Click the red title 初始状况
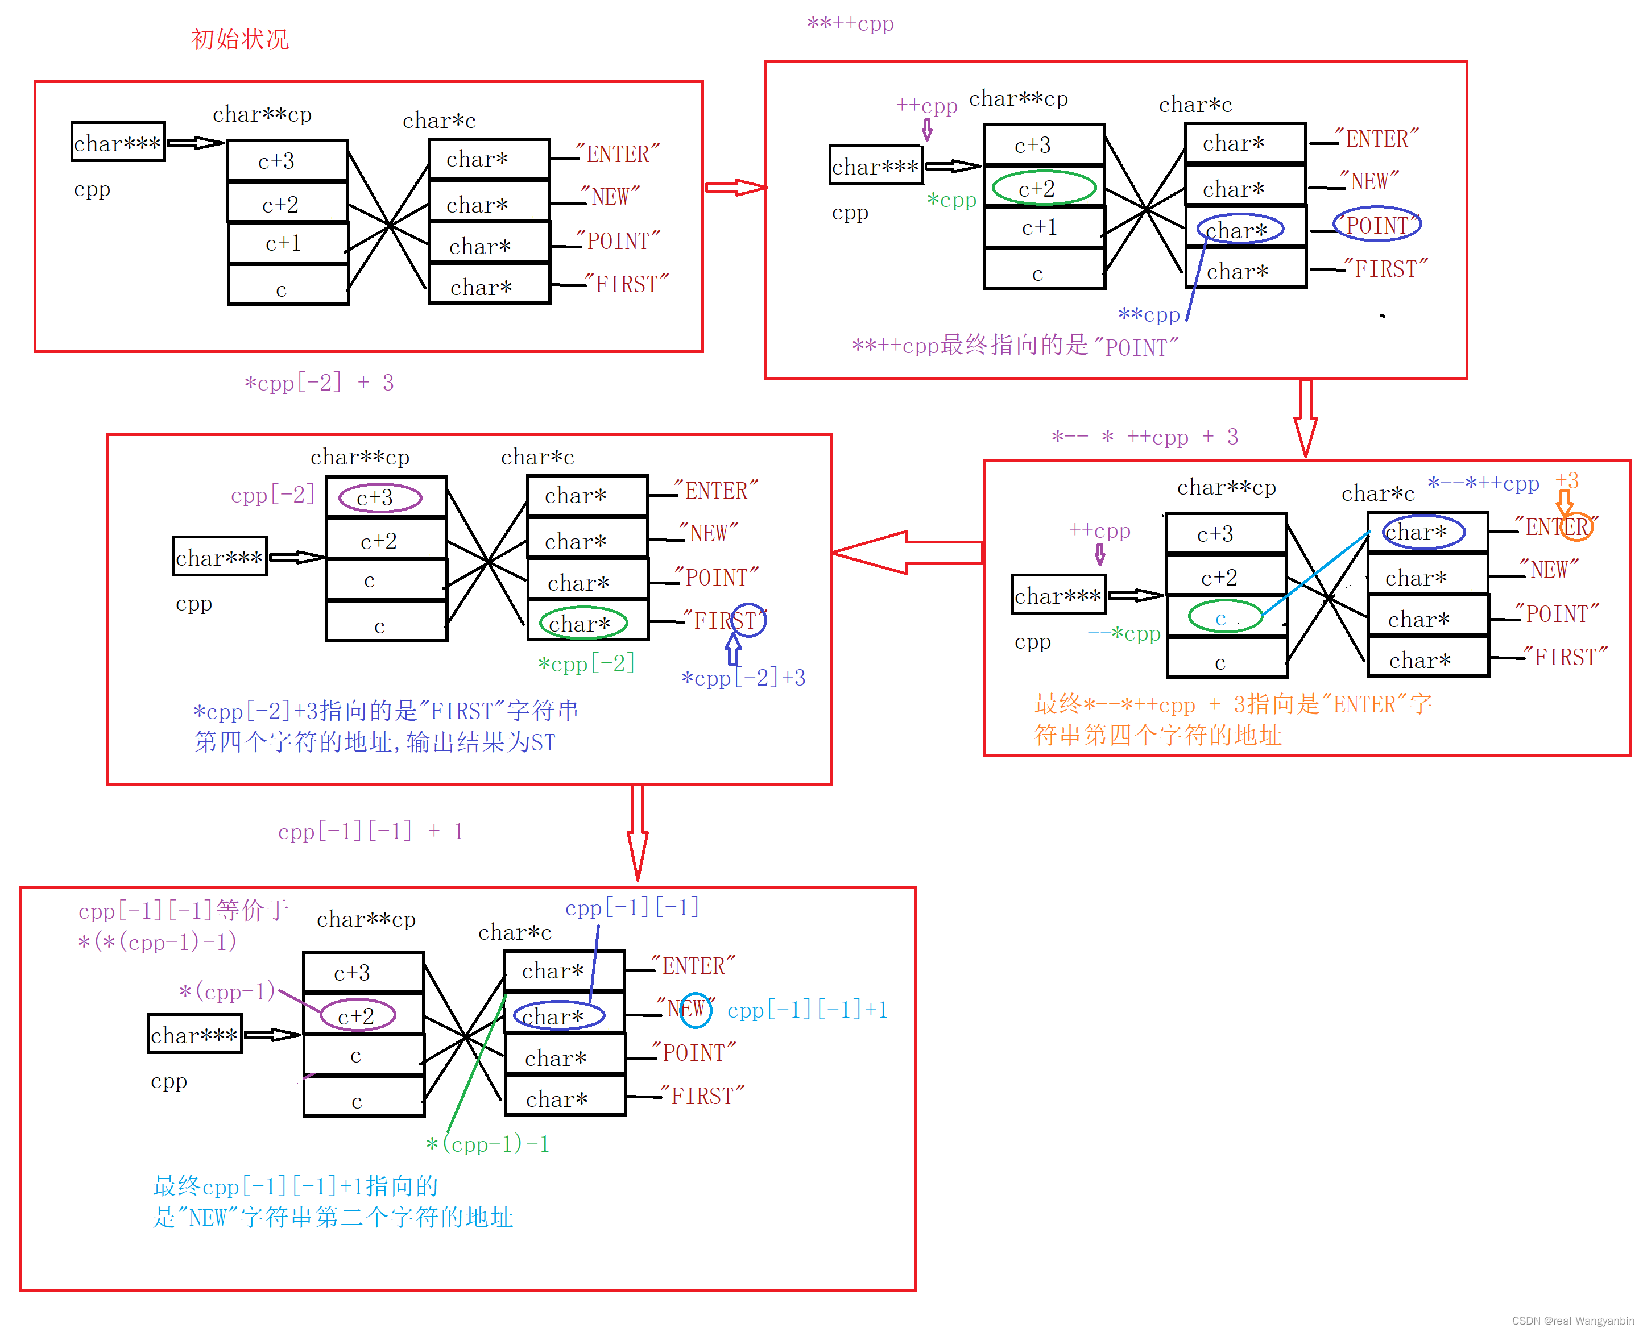(x=239, y=38)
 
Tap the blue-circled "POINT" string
(x=1377, y=225)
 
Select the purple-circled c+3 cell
(x=380, y=497)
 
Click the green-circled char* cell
(x=583, y=623)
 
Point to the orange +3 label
(x=1566, y=481)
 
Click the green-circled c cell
(x=1224, y=616)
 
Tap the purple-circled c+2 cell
(x=357, y=1015)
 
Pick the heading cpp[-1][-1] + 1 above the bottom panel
(x=371, y=831)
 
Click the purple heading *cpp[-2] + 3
(x=318, y=382)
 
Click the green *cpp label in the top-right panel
(x=951, y=200)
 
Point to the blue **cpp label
(x=1148, y=314)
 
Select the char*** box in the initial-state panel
(x=117, y=143)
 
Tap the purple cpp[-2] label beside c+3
(x=272, y=495)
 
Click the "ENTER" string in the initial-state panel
(x=618, y=154)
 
